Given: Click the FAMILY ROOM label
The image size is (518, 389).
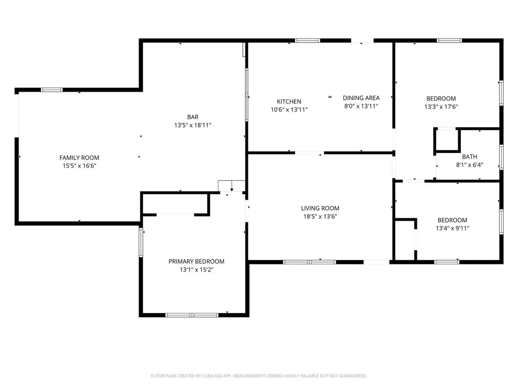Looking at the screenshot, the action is click(79, 158).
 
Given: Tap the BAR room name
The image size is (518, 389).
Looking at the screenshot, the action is click(193, 117).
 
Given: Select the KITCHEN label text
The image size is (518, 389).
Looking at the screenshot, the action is click(289, 101).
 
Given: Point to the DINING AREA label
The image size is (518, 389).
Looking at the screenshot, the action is click(361, 98).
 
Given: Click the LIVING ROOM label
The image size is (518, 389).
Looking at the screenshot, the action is click(320, 208).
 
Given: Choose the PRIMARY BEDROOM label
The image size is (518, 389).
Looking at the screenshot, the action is click(196, 261).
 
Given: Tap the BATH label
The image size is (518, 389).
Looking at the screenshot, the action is click(469, 157).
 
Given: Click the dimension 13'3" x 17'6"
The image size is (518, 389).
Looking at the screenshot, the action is click(441, 106).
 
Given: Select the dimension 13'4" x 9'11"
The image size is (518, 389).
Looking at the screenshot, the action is click(452, 228).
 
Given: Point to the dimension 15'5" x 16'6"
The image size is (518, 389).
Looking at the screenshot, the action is click(79, 166).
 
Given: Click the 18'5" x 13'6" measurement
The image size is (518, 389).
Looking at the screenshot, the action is click(320, 216).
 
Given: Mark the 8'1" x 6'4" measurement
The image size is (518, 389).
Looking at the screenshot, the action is click(469, 165).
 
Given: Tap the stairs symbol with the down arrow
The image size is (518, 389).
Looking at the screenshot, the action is click(232, 186).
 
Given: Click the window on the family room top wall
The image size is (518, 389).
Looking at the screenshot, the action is click(52, 90).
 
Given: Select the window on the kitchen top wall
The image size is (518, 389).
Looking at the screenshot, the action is click(308, 41).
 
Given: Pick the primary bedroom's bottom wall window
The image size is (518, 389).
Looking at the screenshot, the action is click(192, 315).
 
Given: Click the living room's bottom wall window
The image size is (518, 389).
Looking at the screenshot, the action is click(309, 262).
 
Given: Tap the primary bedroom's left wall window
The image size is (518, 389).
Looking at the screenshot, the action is click(141, 243).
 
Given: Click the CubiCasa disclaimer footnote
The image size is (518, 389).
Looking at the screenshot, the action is click(258, 376).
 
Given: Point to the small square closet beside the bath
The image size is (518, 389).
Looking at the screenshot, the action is click(447, 141).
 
